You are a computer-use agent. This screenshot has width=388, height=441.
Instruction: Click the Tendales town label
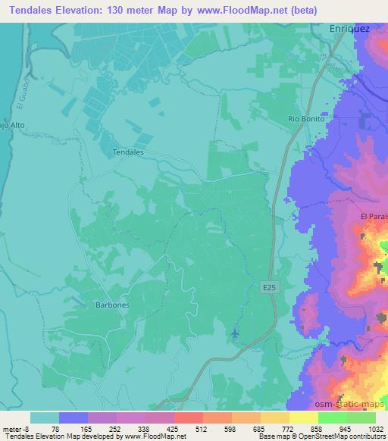127,152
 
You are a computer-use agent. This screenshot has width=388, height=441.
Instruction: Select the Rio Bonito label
306,120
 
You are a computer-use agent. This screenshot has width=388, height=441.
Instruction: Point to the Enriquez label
349,28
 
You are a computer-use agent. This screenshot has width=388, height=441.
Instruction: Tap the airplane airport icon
235,333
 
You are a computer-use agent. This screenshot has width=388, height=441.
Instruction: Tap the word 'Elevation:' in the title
80,10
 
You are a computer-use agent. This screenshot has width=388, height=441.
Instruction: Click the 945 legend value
336,427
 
